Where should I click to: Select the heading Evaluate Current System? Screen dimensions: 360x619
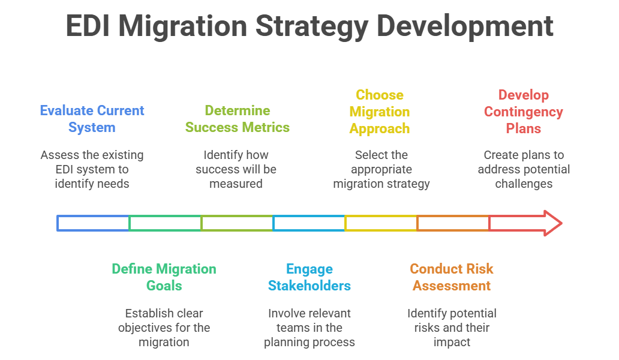92,119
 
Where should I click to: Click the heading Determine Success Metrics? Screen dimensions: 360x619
237,119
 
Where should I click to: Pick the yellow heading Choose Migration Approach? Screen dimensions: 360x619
380,112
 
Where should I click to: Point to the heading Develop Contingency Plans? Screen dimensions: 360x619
524,112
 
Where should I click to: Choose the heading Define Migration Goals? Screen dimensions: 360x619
164,277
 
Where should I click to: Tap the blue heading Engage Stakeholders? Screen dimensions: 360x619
309,277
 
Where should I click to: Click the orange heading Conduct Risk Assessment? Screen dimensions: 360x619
452,277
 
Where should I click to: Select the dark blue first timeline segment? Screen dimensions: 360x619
93,223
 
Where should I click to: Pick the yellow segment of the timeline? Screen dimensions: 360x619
381,223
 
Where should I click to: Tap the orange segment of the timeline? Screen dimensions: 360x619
453,223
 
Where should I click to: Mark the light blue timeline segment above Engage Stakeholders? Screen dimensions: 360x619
309,223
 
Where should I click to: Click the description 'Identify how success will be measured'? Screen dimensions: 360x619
236,169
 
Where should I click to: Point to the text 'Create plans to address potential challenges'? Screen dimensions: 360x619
524,169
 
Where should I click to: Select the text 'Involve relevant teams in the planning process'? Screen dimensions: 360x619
309,328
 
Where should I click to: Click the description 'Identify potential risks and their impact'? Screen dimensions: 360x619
452,328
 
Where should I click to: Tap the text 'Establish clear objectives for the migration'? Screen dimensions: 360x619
164,328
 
